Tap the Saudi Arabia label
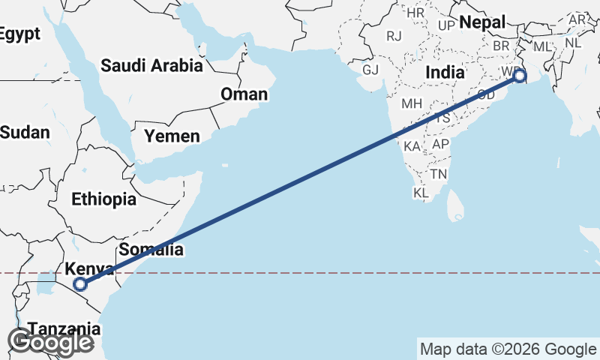(151, 66)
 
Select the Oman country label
(244, 94)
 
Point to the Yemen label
(172, 136)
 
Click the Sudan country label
(24, 133)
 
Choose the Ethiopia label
(104, 199)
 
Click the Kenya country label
(89, 270)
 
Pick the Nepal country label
(483, 22)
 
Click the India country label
(445, 73)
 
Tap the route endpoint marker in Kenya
(81, 284)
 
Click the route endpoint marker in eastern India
(519, 76)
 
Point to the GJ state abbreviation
(370, 70)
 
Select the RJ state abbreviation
(394, 35)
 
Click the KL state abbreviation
(421, 193)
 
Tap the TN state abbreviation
(439, 174)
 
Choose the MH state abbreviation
(412, 103)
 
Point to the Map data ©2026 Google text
(508, 349)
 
